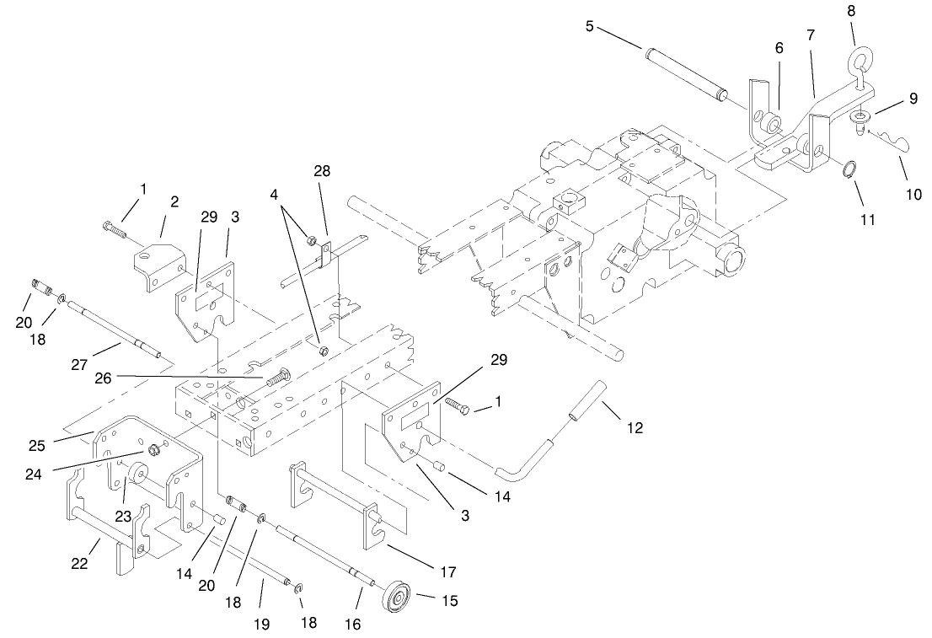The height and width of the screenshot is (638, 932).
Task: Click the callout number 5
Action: coord(589,26)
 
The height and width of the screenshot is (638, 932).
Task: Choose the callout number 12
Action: coord(635,428)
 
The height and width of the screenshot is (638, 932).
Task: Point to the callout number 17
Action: coord(447,571)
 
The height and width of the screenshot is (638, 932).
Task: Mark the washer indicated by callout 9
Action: coord(861,115)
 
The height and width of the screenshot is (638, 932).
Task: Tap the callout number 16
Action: coord(351,624)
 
